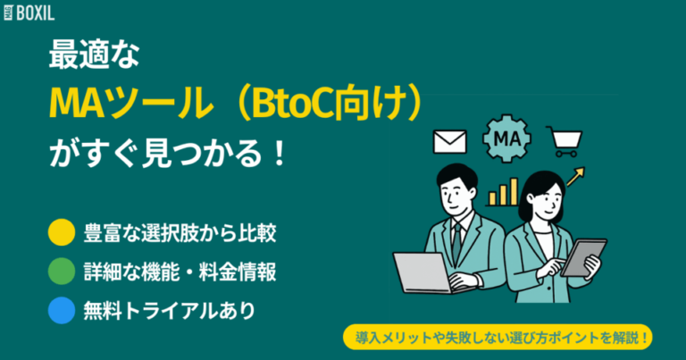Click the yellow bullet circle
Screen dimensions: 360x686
pyautogui.click(x=62, y=233)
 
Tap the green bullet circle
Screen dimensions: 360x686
pyautogui.click(x=62, y=272)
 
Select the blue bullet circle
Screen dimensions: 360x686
pyautogui.click(x=62, y=312)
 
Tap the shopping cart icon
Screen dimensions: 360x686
pyautogui.click(x=565, y=140)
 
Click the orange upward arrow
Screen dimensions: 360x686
pyautogui.click(x=575, y=175)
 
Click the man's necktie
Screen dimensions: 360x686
pyautogui.click(x=457, y=238)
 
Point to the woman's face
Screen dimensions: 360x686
pyautogui.click(x=541, y=197)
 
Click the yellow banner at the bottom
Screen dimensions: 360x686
pyautogui.click(x=499, y=339)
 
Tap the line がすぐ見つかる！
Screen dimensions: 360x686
pyautogui.click(x=168, y=154)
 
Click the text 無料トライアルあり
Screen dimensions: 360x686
pyautogui.click(x=169, y=312)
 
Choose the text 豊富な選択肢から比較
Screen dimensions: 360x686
pyautogui.click(x=179, y=233)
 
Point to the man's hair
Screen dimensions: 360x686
pyautogui.click(x=456, y=173)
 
